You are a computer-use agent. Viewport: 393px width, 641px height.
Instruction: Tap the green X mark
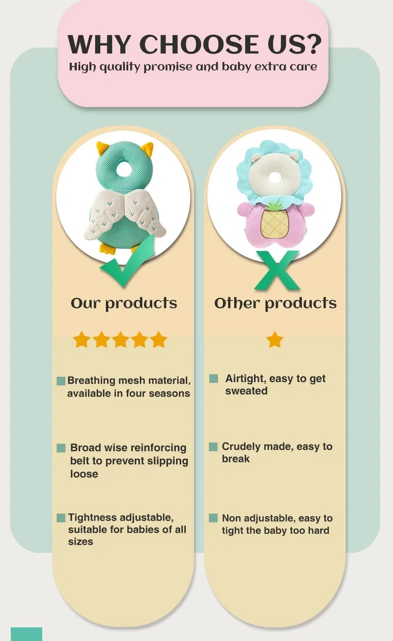coord(276,270)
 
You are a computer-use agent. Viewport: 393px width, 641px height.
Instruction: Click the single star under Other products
coord(275,340)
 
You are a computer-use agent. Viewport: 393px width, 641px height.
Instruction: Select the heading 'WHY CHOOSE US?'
coord(194,44)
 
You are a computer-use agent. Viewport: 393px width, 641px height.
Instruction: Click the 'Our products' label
coord(124,303)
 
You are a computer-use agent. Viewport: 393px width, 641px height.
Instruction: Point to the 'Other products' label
coord(275,303)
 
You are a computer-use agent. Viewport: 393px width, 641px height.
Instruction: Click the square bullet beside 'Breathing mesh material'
coord(61,381)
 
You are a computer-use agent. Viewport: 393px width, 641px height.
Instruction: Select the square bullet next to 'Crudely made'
coord(213,447)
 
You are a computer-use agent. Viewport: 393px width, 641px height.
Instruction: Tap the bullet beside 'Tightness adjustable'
coord(61,518)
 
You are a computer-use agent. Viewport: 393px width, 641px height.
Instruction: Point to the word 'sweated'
coord(246,391)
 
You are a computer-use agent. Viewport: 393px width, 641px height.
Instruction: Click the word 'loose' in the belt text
coord(84,474)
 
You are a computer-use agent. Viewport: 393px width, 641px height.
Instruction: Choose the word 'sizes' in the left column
coord(80,542)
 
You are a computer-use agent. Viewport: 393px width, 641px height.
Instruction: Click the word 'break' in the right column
coord(236,459)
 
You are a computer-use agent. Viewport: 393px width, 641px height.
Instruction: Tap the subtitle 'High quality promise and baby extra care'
coord(193,67)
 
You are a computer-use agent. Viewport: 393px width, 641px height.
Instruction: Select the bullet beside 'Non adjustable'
coord(213,518)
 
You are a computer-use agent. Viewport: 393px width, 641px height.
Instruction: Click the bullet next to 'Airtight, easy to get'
coord(213,378)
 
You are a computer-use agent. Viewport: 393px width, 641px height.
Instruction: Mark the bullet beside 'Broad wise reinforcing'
coord(61,448)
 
